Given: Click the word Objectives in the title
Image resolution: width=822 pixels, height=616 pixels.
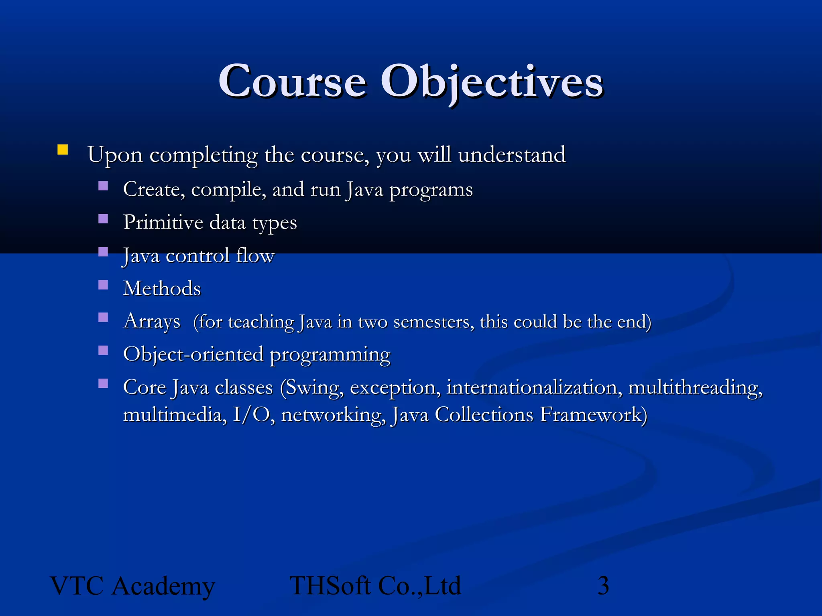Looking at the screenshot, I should tap(491, 82).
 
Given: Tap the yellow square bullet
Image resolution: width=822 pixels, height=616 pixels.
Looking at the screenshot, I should tap(63, 150).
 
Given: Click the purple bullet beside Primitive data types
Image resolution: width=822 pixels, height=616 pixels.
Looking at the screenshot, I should tap(103, 219).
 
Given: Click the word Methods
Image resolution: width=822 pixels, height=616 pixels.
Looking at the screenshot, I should tap(162, 288).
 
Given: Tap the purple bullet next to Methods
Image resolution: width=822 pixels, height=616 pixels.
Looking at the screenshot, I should tap(103, 285).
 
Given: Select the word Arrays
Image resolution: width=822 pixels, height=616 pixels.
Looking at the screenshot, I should tap(152, 321).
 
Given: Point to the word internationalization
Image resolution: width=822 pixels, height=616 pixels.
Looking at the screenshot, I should tap(534, 387).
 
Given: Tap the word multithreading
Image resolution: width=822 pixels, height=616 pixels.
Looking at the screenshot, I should tap(695, 387).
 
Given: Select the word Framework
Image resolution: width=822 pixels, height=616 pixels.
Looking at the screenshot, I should tap(593, 414).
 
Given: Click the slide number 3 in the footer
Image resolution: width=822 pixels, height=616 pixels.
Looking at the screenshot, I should tap(603, 586).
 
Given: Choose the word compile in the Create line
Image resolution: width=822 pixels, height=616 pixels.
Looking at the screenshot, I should tap(228, 190).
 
